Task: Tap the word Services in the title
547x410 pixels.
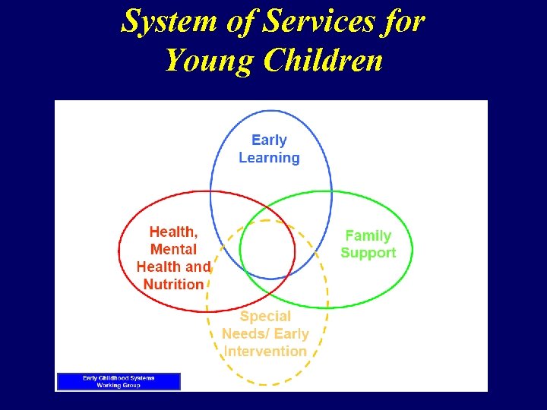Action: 317,22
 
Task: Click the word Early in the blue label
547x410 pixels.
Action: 269,140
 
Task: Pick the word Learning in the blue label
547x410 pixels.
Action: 269,158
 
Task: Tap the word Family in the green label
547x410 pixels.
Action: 368,236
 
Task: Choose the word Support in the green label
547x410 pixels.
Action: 368,254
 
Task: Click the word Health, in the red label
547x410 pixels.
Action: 173,232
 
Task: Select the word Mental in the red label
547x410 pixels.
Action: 173,250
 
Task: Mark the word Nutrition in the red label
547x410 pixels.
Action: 173,285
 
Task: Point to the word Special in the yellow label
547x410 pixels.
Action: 265,317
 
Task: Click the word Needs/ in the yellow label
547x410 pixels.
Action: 245,334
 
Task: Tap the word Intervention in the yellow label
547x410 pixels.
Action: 265,352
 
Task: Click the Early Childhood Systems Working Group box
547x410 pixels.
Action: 119,381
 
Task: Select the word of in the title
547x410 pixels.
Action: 241,22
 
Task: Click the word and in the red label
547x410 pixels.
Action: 198,267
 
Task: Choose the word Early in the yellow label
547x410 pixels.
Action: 291,334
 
